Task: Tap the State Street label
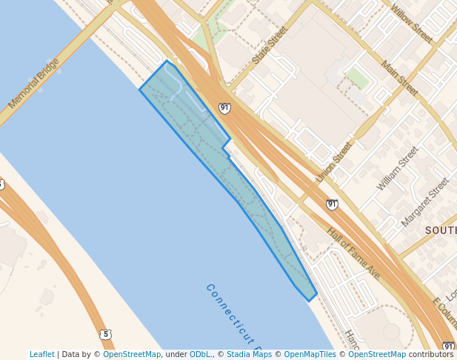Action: pos(269,46)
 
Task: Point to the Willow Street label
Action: pos(412,23)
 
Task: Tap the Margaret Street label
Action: pos(425,201)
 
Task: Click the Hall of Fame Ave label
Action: pos(353,253)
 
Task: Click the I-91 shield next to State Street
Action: pos(224,108)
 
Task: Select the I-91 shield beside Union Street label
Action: pos(332,204)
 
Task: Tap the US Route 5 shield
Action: pos(106,334)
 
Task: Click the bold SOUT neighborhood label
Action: pos(440,230)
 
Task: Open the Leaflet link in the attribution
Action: pos(42,355)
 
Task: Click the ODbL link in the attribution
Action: pos(200,355)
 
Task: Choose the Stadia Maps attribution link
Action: pos(249,355)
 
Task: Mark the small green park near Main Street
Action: pos(358,78)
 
